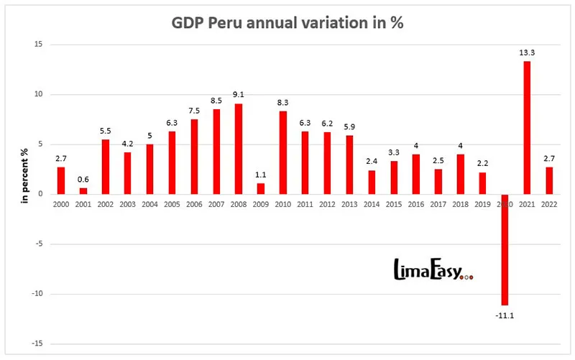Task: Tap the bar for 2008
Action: [x=239, y=149]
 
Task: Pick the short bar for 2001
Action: [x=83, y=191]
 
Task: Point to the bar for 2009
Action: [x=261, y=188]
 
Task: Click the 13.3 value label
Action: [x=527, y=52]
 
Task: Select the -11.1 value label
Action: [x=504, y=315]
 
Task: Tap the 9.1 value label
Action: [x=239, y=95]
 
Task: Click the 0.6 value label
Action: [x=83, y=180]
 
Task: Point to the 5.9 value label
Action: [x=349, y=127]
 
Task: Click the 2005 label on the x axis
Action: [x=172, y=203]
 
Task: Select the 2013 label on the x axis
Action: [x=349, y=203]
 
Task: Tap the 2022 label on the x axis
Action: [x=549, y=203]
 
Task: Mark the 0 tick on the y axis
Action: [x=41, y=194]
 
